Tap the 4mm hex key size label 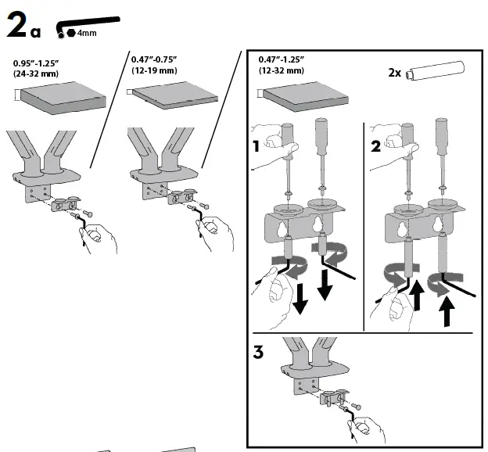[x=86, y=33]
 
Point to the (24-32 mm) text [x=38, y=73]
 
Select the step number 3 [x=259, y=352]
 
